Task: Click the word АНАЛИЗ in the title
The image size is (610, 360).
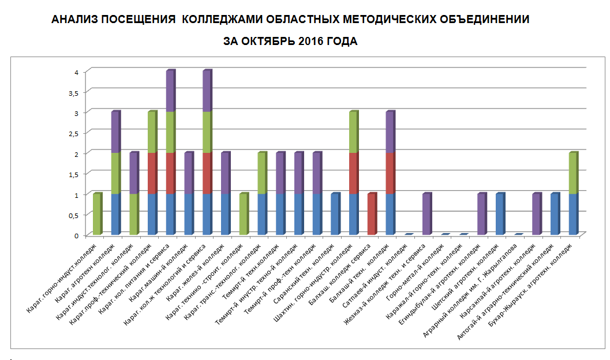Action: pyautogui.click(x=74, y=20)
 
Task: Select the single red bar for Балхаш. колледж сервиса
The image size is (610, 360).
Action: pyautogui.click(x=371, y=214)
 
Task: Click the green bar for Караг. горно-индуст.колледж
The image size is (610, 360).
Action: pyautogui.click(x=96, y=214)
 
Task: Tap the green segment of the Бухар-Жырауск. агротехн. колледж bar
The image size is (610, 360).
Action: pyautogui.click(x=572, y=174)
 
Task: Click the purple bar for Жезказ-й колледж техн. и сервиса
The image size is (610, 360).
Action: pyautogui.click(x=426, y=214)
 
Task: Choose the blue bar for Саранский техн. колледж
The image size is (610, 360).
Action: pyautogui.click(x=335, y=214)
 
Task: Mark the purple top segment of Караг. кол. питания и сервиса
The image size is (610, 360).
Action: pyautogui.click(x=170, y=92)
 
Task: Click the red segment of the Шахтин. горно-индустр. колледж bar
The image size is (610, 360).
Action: pyautogui.click(x=353, y=174)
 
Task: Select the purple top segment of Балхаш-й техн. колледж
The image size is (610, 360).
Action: pyautogui.click(x=390, y=133)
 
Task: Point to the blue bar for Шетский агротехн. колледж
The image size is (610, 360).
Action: pyautogui.click(x=499, y=214)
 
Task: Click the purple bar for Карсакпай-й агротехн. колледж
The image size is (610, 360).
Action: pyautogui.click(x=536, y=214)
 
